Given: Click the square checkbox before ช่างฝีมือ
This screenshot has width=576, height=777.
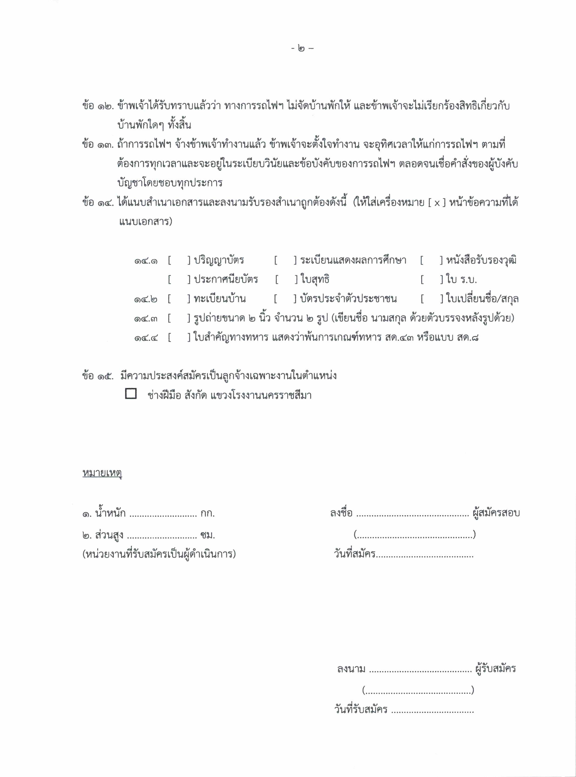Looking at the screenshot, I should pos(131,394).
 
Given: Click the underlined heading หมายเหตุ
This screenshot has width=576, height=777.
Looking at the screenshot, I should pos(102,473).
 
